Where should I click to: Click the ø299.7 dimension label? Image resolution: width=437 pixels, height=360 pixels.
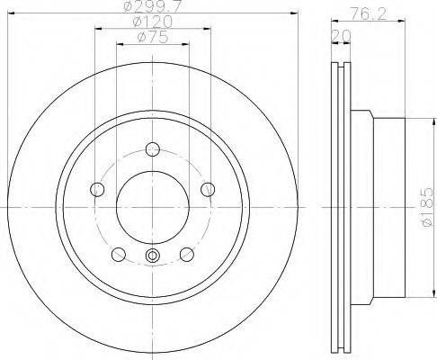(x=153, y=6)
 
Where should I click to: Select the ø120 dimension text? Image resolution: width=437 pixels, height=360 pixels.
(x=153, y=22)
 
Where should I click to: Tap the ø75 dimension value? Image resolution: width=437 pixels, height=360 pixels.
(x=153, y=37)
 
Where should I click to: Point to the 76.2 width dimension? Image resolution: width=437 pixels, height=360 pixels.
(x=369, y=13)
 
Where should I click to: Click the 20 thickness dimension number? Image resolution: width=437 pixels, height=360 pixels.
(x=341, y=36)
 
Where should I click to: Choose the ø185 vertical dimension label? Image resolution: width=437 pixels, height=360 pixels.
(x=427, y=207)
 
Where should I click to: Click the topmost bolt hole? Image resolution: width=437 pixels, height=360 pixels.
(x=153, y=149)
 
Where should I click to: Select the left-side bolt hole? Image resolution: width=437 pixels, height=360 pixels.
(x=97, y=189)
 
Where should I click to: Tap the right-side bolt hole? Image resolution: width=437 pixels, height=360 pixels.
(x=208, y=189)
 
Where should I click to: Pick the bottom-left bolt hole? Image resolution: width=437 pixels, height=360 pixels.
(x=119, y=255)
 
